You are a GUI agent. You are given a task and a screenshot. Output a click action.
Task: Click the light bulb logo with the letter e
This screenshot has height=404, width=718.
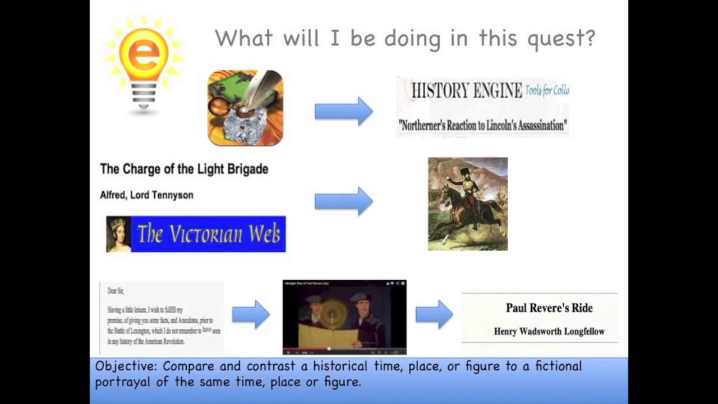point(144,62)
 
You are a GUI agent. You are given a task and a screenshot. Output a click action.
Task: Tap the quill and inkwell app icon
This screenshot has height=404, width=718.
point(246,108)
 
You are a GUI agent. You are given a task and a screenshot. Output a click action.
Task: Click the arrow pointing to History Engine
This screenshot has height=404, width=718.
point(343,111)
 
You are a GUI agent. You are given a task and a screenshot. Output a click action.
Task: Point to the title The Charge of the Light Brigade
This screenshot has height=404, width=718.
point(184,169)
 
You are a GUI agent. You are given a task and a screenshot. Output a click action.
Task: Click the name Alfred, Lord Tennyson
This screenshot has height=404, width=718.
point(146,195)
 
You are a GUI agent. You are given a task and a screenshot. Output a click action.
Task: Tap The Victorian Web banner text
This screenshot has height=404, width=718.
point(208,234)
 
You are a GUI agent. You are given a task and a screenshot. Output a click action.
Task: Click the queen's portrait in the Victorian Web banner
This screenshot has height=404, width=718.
point(118,234)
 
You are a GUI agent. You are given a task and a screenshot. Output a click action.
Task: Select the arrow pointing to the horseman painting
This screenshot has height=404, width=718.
point(343,201)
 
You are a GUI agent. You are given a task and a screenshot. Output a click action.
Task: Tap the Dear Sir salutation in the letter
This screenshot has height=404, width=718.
point(116,291)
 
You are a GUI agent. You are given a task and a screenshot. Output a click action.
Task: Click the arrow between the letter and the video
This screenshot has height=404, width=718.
point(251,314)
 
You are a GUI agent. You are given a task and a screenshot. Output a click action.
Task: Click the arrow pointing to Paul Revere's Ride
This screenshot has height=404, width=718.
point(434,314)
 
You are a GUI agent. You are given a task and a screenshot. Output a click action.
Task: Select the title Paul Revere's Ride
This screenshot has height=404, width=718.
point(549,307)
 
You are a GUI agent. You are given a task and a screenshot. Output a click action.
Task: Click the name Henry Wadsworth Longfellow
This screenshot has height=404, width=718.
point(549,331)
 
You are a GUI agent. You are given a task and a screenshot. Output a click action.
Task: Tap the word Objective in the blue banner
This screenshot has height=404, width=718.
point(126,366)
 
